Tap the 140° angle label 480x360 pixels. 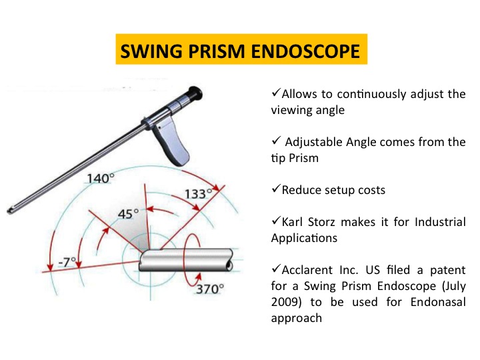101,178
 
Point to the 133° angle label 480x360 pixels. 199,193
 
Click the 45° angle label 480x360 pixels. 128,214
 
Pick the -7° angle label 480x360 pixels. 67,263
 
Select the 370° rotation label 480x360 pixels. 210,289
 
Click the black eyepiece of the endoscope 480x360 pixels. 195,94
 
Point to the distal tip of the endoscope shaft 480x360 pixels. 9,211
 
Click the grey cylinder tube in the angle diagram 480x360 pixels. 186,260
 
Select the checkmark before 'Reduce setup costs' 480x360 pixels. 276,189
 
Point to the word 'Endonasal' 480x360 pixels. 438,302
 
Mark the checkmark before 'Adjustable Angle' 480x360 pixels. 276,141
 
